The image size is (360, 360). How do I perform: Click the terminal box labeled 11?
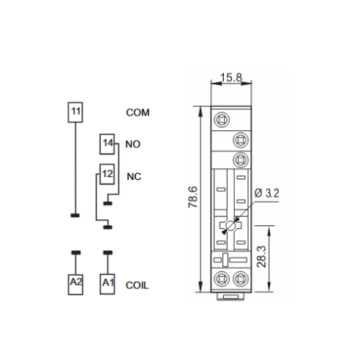[75, 112]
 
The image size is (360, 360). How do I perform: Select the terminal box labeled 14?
[107, 144]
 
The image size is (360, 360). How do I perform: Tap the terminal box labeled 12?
[107, 174]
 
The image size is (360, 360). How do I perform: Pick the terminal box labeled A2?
[75, 285]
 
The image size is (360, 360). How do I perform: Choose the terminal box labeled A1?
[108, 285]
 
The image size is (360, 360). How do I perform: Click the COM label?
[138, 113]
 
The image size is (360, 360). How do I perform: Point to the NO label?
[133, 144]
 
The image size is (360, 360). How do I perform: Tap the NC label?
[134, 176]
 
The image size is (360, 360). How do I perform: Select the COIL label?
[137, 285]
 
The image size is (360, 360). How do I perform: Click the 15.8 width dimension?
[231, 78]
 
